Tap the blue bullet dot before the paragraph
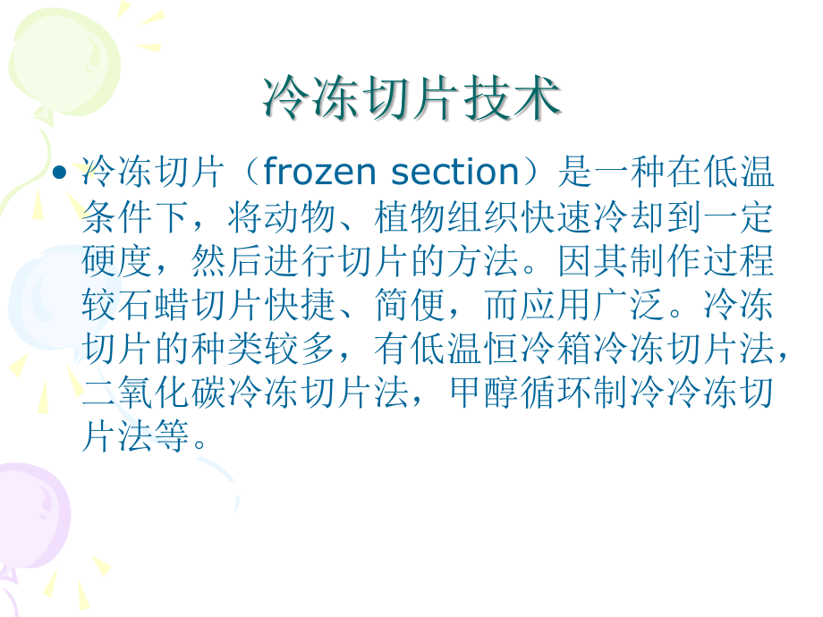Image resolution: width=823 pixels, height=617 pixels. pos(61,170)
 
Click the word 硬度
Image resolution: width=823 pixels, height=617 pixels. pos(117,262)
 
